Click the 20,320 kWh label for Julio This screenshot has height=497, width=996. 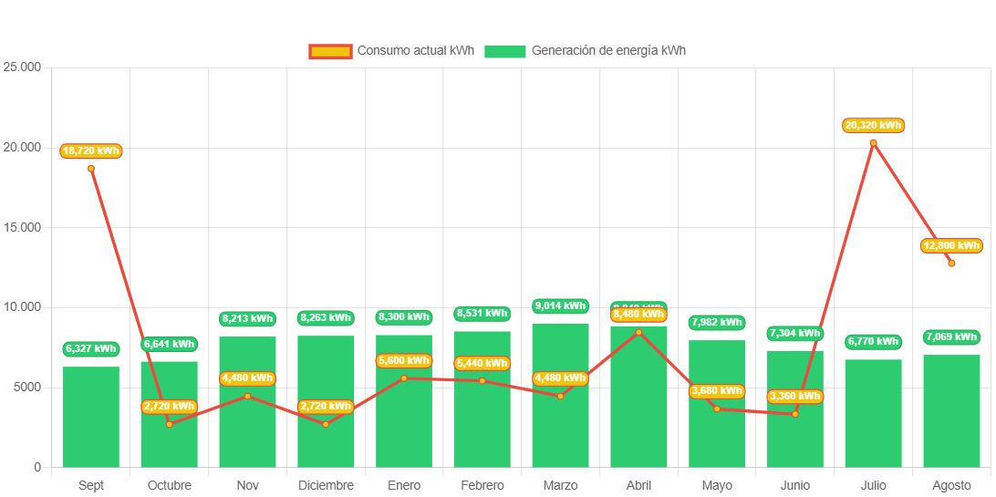[873, 125]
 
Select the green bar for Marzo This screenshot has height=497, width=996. [560, 429]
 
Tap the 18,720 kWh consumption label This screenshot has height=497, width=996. [91, 150]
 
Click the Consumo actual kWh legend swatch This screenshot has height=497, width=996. [329, 51]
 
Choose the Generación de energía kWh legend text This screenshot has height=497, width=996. [608, 51]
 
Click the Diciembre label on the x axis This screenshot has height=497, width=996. [326, 485]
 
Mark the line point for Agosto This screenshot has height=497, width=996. [951, 264]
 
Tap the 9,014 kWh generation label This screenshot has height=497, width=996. [560, 305]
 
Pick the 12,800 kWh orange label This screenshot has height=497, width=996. [951, 245]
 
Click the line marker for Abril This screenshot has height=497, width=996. [638, 333]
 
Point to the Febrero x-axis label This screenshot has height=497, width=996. [482, 485]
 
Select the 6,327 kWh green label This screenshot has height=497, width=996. [91, 348]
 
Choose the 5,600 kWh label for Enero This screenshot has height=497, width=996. [403, 360]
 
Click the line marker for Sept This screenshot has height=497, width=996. [91, 169]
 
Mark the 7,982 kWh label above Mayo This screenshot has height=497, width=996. [717, 322]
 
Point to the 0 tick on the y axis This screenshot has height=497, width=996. [37, 467]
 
